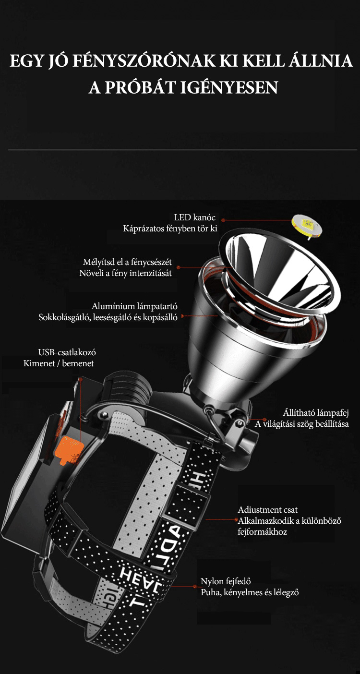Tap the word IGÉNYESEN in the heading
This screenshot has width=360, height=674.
point(229,87)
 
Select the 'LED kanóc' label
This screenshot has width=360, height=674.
point(194,217)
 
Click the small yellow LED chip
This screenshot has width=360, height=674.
point(307,225)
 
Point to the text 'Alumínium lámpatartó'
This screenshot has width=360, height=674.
point(134,306)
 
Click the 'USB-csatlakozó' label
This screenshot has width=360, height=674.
point(67,352)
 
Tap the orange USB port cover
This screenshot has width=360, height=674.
point(69,449)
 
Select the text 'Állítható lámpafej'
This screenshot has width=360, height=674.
point(315,412)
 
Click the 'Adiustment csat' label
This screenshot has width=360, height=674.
point(267,510)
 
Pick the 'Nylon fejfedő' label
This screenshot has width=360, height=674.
point(226,581)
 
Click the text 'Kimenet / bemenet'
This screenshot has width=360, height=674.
point(59,363)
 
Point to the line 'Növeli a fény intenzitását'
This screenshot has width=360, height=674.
point(125,273)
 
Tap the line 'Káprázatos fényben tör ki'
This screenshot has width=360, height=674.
point(170,229)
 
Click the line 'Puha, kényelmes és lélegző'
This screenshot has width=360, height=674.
point(250,592)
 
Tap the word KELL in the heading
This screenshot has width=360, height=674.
point(263,61)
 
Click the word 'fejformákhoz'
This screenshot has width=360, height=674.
point(262,532)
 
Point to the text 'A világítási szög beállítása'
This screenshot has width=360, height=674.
point(301,424)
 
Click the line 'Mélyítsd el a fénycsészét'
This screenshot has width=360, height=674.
point(127,262)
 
